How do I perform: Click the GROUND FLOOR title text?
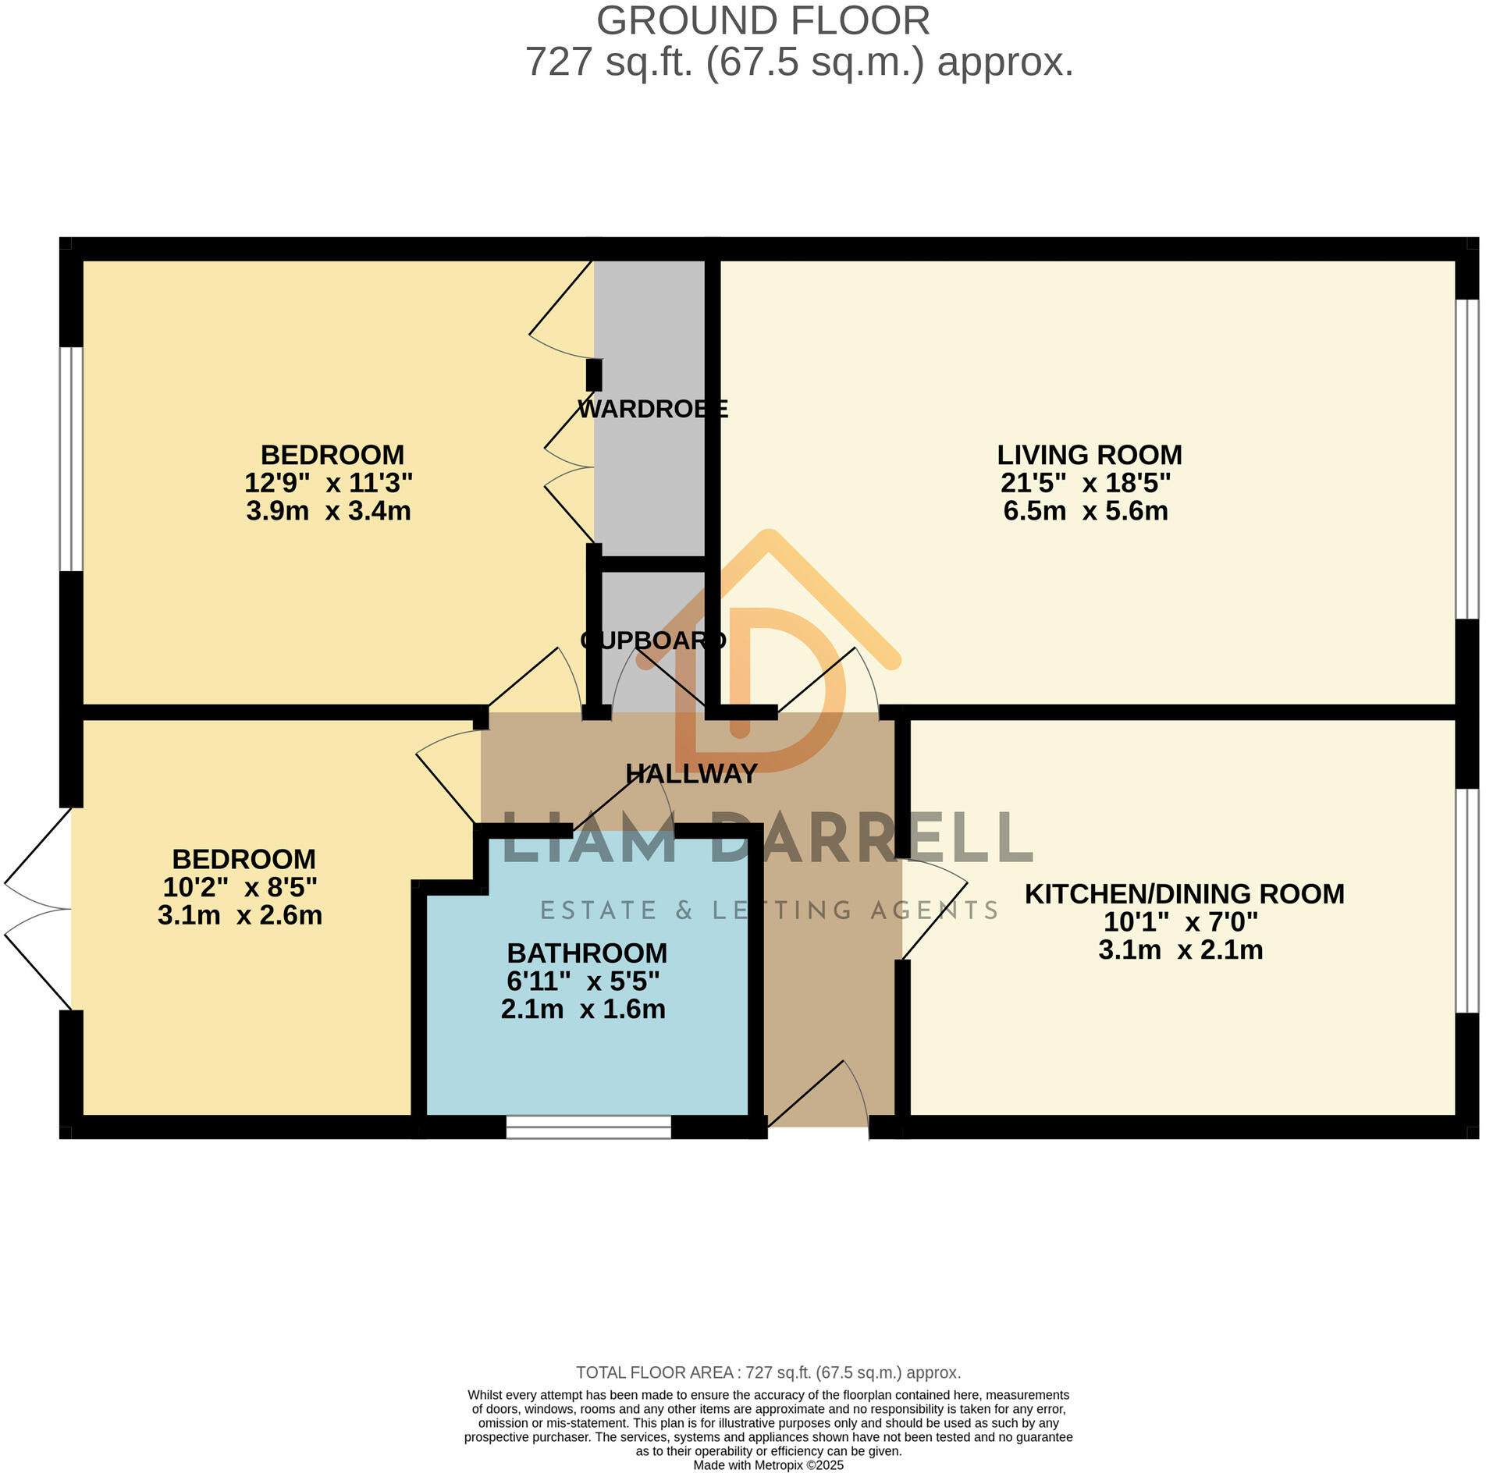click(763, 21)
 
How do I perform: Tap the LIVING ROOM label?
click(1089, 455)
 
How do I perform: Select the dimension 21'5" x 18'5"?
click(1085, 483)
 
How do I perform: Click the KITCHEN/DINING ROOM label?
click(1184, 894)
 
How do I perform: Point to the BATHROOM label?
click(587, 953)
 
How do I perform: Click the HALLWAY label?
click(691, 774)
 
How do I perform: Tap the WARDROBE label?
click(652, 409)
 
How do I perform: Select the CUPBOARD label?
click(652, 641)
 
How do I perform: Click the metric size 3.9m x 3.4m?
click(328, 512)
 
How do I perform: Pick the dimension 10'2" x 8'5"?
click(240, 888)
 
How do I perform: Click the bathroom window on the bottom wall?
click(588, 1127)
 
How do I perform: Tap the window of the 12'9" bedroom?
click(72, 459)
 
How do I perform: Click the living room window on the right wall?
click(1466, 460)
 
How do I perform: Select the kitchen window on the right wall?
click(1466, 901)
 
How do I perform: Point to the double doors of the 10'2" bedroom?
click(37, 909)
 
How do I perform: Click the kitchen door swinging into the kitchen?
click(935, 910)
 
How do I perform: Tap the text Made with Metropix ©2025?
click(768, 1465)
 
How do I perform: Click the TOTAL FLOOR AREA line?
click(768, 1372)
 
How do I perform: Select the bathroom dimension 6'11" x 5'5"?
click(583, 981)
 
